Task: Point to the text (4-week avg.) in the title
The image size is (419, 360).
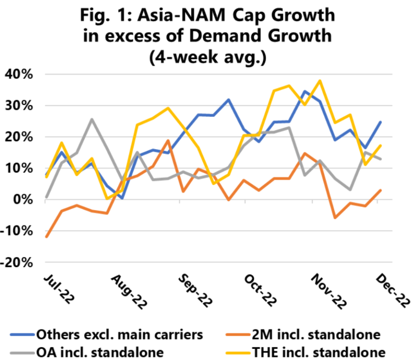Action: (x=209, y=58)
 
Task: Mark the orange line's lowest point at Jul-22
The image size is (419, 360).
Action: (x=47, y=237)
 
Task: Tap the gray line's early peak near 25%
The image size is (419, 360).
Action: (x=91, y=119)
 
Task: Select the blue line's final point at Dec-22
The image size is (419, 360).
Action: (x=380, y=122)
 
